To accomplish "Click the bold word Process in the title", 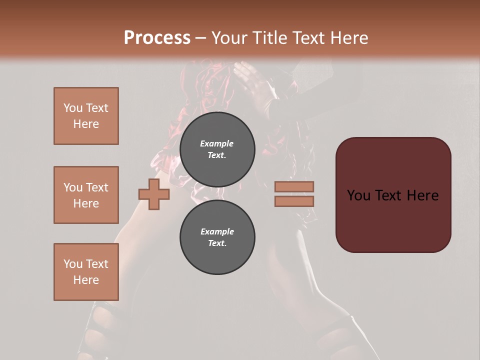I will click(x=157, y=38).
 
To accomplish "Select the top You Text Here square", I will click(x=86, y=116).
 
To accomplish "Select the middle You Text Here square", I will click(x=86, y=195).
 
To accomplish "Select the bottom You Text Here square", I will click(x=86, y=272).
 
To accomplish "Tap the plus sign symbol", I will click(x=154, y=194).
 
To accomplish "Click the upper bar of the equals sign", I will click(x=294, y=186).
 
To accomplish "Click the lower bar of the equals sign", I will click(x=294, y=201).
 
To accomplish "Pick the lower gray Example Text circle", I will click(x=217, y=237).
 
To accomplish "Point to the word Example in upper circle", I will click(x=216, y=143).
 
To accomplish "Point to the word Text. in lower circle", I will click(x=217, y=243).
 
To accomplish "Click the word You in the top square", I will click(x=73, y=108).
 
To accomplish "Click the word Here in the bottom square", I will click(x=86, y=280).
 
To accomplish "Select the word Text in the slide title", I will click(x=311, y=38).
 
